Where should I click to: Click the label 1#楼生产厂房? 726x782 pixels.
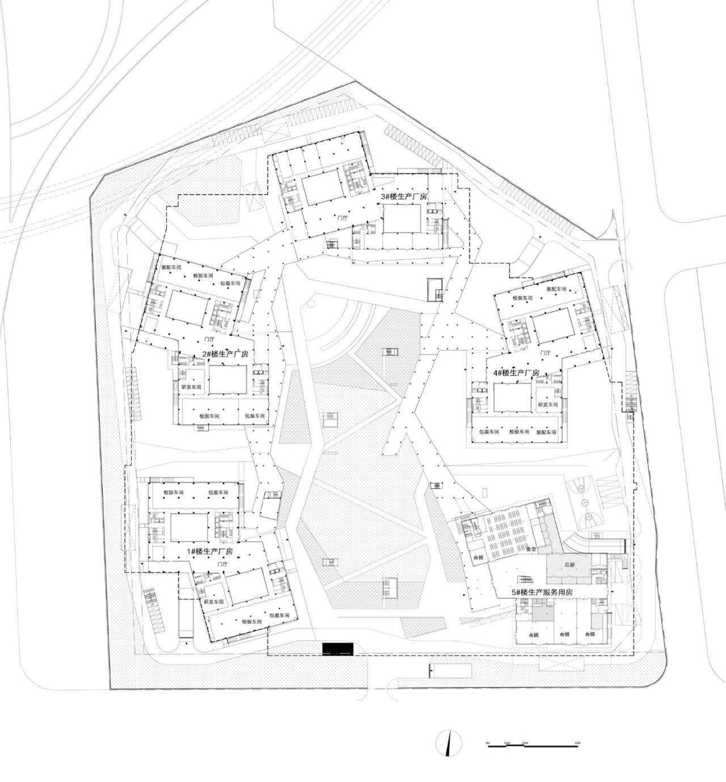pyautogui.click(x=210, y=551)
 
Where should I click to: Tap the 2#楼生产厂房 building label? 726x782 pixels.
pyautogui.click(x=225, y=354)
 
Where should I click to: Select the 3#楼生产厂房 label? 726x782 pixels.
pyautogui.click(x=404, y=196)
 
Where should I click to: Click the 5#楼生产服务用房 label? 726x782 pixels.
pyautogui.click(x=542, y=592)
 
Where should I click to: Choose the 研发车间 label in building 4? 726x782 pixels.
pyautogui.click(x=547, y=405)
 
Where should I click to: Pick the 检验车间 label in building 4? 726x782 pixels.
pyautogui.click(x=518, y=432)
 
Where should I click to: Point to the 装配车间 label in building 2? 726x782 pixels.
pyautogui.click(x=171, y=267)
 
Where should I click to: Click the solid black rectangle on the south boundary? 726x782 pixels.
pyautogui.click(x=338, y=649)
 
